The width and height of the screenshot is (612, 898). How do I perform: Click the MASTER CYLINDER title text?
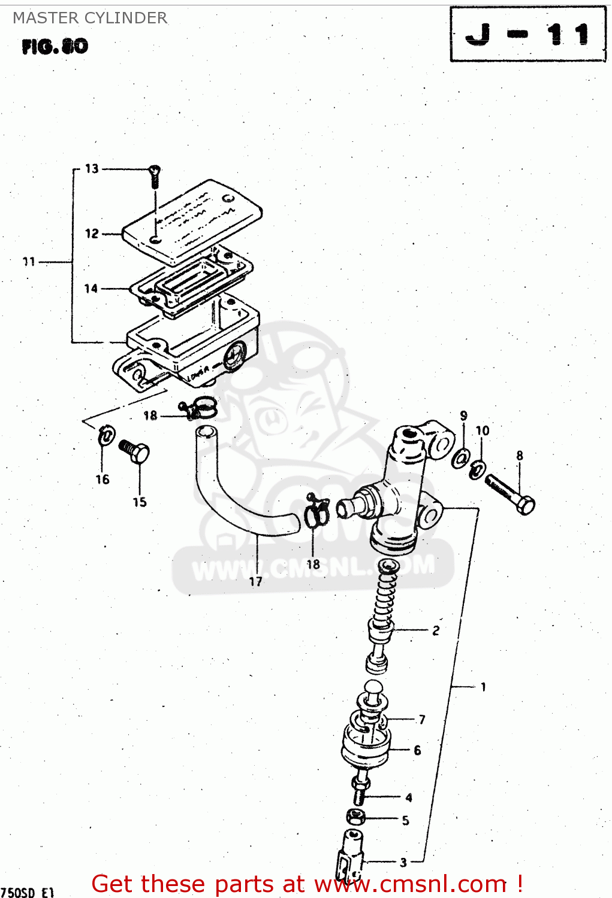[90, 18]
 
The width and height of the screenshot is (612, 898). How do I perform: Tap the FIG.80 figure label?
[55, 46]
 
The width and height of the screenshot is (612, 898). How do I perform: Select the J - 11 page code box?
[528, 34]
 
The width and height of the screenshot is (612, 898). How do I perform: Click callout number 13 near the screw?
[92, 169]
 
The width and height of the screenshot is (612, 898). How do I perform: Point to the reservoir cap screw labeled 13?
[155, 176]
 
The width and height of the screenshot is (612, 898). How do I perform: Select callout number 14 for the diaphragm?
[91, 289]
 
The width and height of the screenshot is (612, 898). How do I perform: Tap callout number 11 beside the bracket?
[29, 262]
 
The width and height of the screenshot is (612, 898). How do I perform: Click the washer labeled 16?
[106, 435]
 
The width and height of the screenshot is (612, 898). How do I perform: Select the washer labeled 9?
[461, 458]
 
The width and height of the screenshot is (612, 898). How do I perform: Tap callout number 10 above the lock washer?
[483, 430]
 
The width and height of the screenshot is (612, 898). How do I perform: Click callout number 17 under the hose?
[256, 581]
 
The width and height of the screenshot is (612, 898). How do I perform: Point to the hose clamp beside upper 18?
[198, 409]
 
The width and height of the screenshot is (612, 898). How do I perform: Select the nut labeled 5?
[355, 817]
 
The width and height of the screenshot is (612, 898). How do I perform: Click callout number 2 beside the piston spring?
[436, 630]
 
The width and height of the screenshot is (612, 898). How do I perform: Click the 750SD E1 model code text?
[28, 892]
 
